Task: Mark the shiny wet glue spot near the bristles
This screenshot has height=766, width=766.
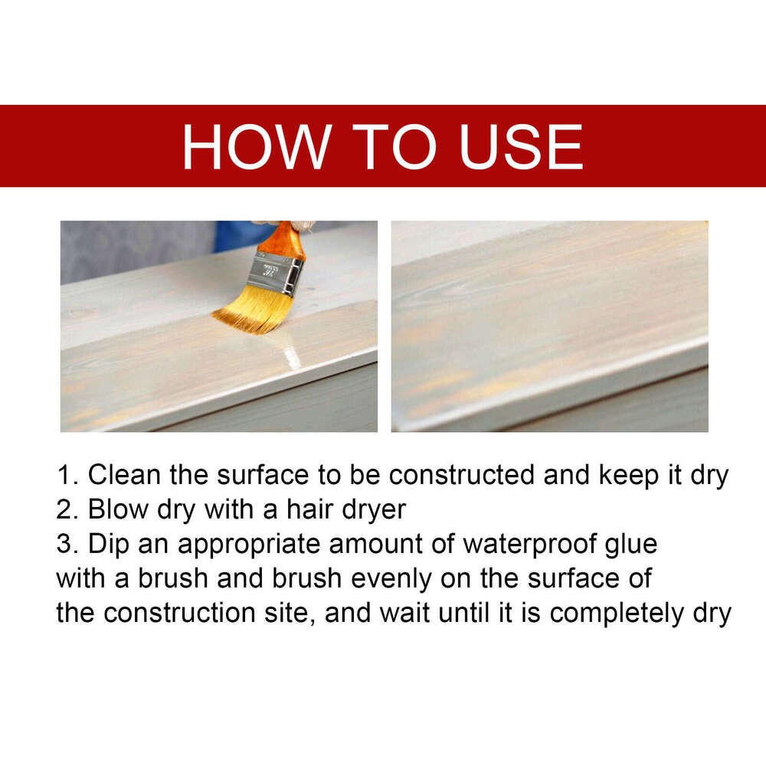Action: click(292, 353)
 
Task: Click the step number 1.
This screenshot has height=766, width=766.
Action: click(65, 475)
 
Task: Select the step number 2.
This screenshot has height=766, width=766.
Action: click(66, 509)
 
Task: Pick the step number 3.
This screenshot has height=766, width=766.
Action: click(66, 545)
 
